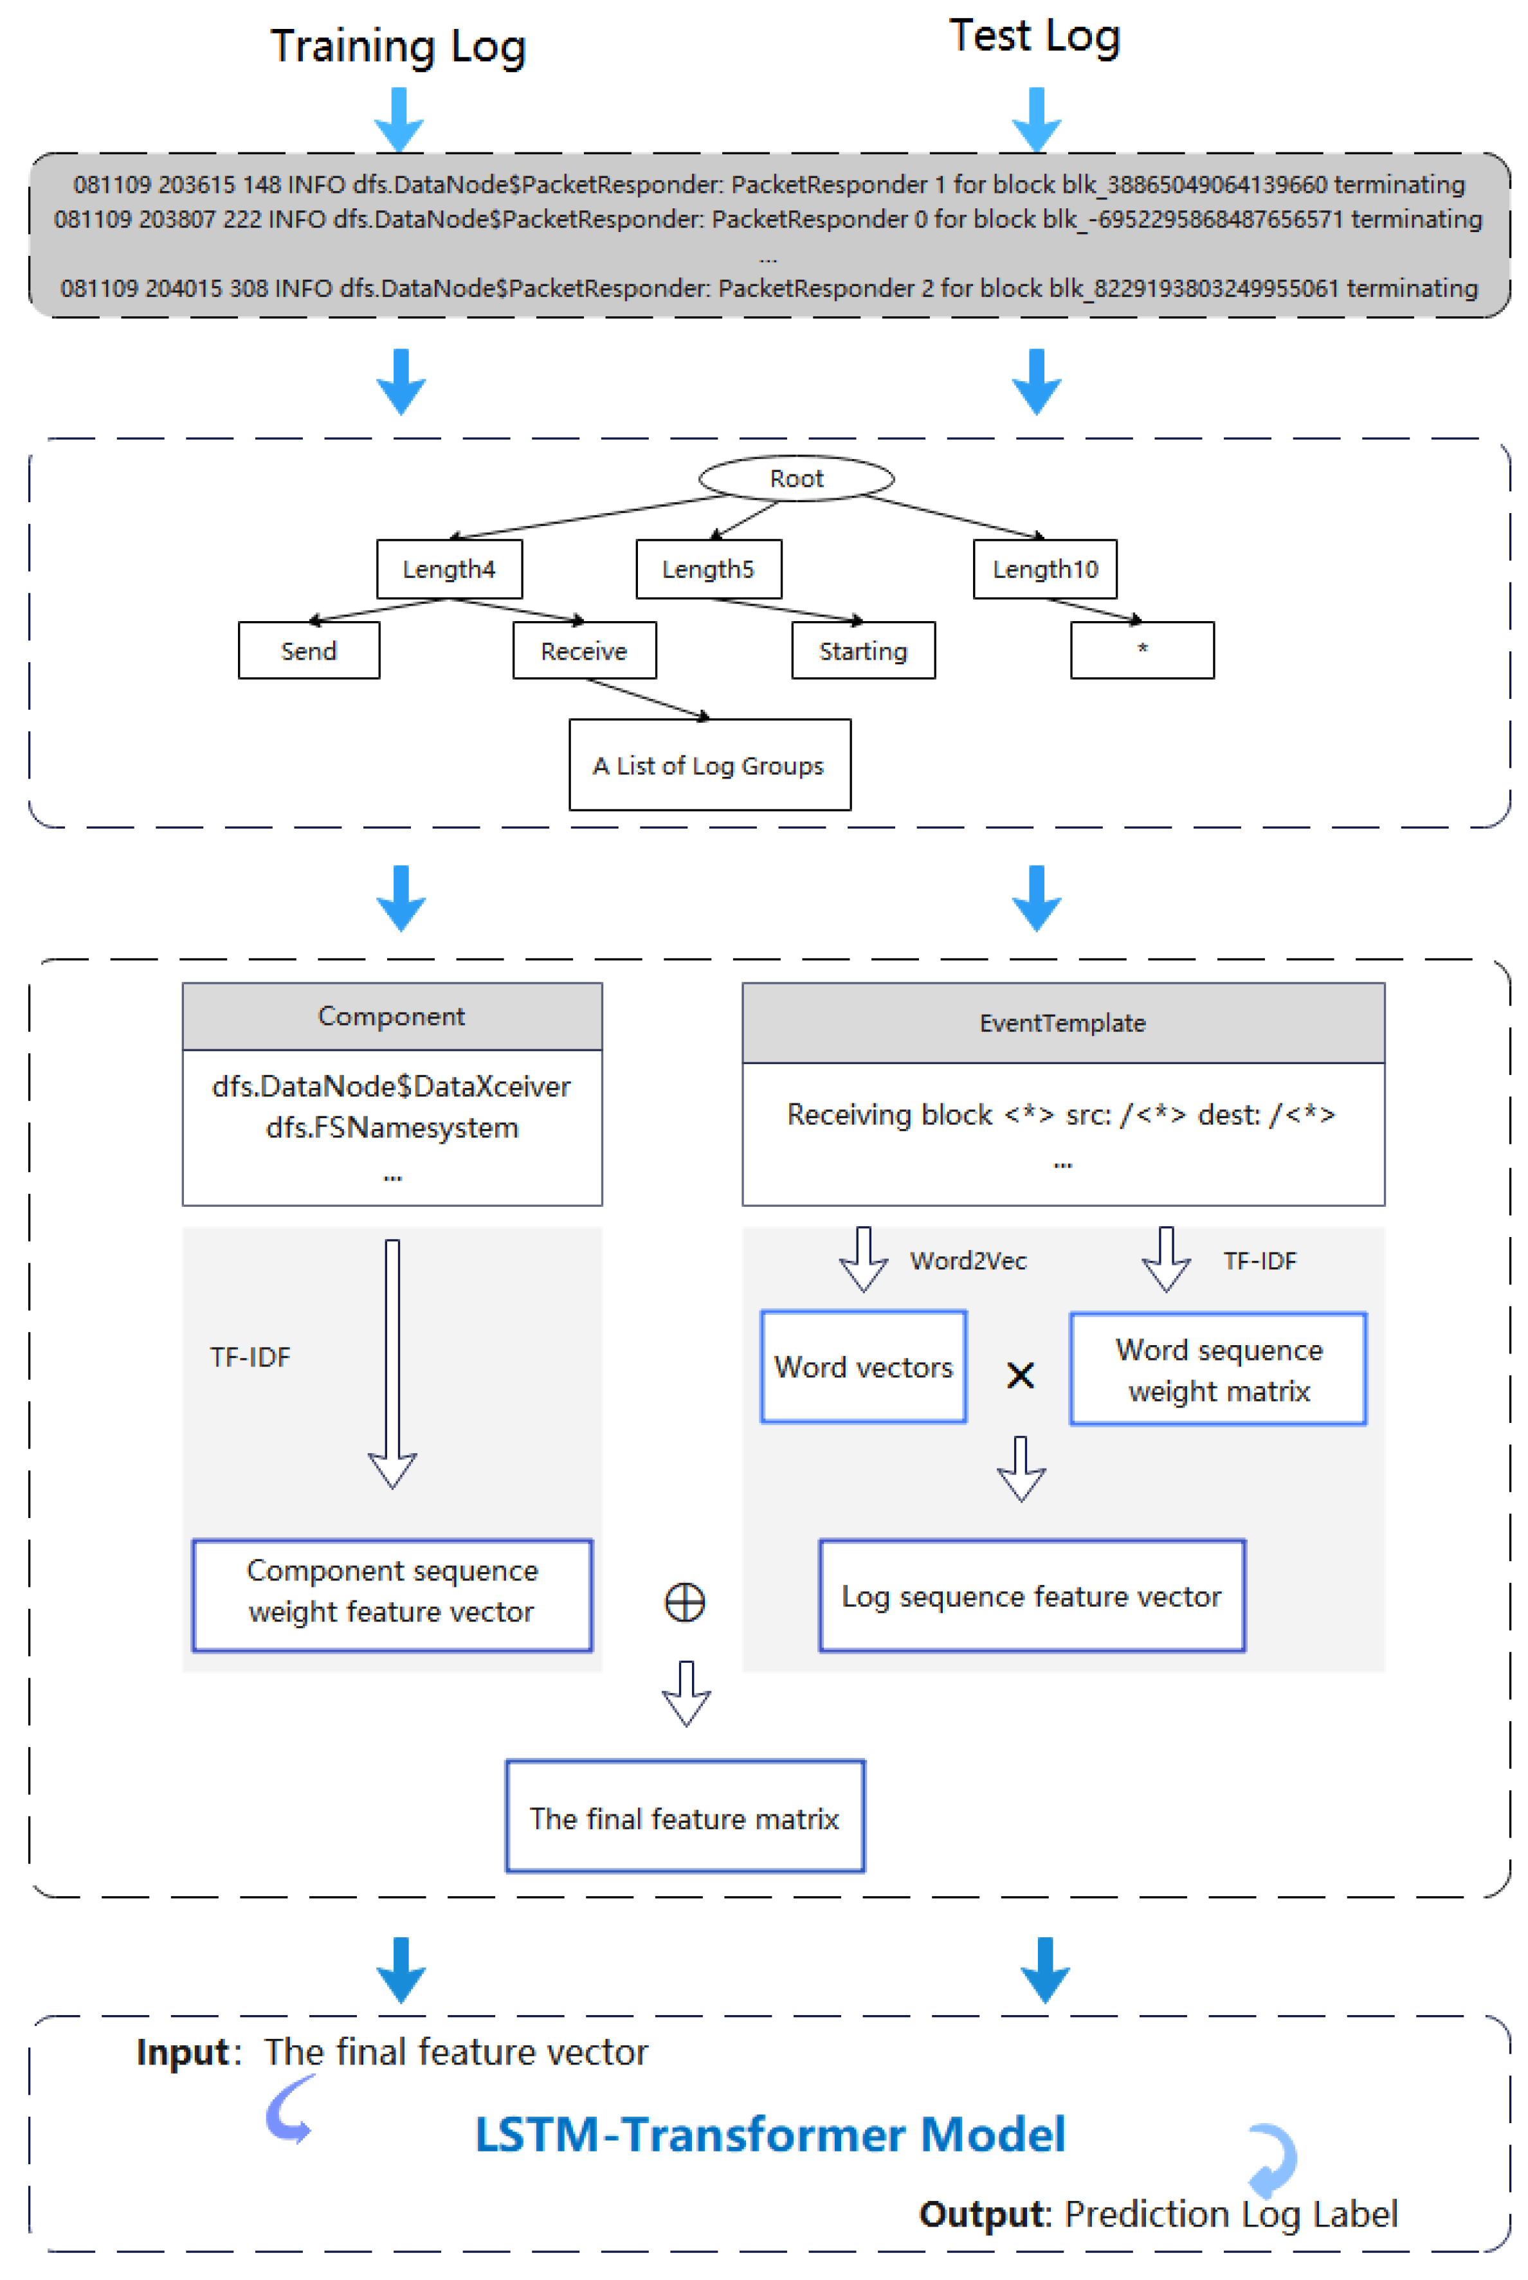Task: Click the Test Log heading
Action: point(1034,37)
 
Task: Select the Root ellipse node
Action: point(796,478)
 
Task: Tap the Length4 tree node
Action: point(450,569)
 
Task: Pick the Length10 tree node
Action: point(1044,569)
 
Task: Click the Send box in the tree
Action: point(309,651)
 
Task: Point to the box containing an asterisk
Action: point(1142,650)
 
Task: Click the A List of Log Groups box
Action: point(709,766)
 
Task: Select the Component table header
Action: point(392,1017)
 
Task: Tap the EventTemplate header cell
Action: point(1062,1023)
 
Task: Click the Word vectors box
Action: point(864,1367)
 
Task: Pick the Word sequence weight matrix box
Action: point(1218,1369)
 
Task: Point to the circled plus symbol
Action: point(685,1602)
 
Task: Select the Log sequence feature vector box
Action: point(1031,1596)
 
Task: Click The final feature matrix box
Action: point(684,1818)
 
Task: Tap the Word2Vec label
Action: point(968,1261)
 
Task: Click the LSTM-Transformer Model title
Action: point(770,2134)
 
